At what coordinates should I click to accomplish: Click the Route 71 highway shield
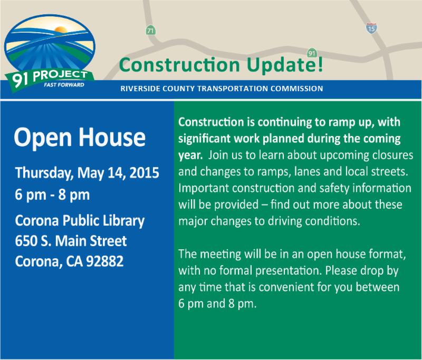[x=150, y=31]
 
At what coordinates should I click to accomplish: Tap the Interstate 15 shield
[x=371, y=28]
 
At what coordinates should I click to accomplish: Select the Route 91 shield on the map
[x=312, y=53]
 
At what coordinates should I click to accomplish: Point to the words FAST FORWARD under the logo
[x=64, y=85]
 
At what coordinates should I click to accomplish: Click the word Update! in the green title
[x=285, y=65]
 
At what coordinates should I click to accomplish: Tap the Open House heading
[x=80, y=138]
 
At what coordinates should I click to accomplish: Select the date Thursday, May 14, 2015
[x=87, y=172]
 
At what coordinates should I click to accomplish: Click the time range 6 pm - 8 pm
[x=52, y=195]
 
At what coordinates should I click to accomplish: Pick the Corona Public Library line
[x=80, y=221]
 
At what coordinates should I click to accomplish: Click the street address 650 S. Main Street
[x=71, y=241]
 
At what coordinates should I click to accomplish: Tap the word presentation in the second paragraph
[x=289, y=271]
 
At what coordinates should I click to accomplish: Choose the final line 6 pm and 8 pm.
[x=217, y=304]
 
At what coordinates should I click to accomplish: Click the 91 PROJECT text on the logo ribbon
[x=50, y=77]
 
